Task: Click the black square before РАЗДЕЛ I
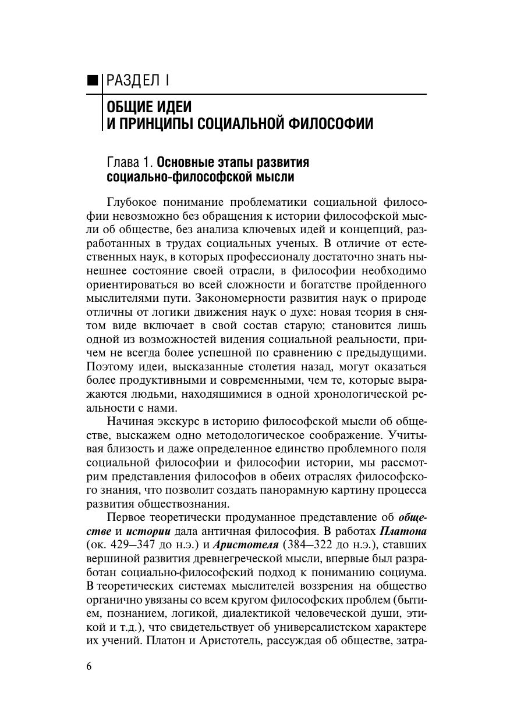pyautogui.click(x=92, y=80)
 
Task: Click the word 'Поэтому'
pyautogui.click(x=109, y=367)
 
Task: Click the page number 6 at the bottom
pyautogui.click(x=89, y=666)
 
